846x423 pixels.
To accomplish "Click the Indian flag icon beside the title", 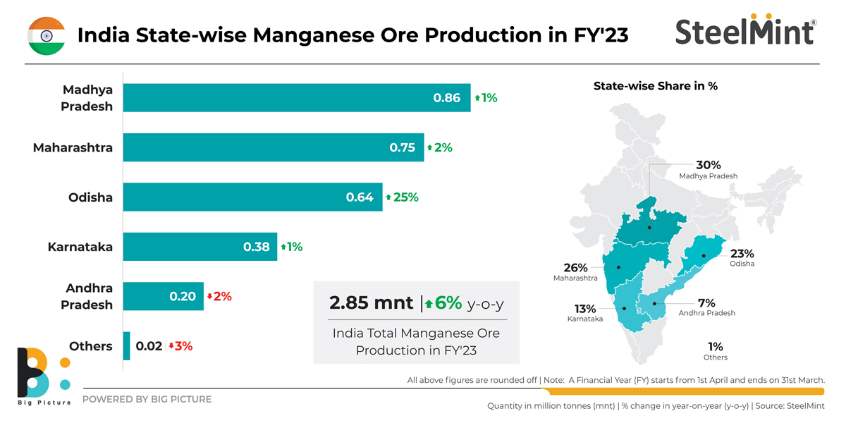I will pyautogui.click(x=47, y=35).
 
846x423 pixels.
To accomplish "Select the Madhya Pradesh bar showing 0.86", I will pyautogui.click(x=296, y=98).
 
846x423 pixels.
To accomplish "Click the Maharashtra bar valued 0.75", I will pyautogui.click(x=274, y=147).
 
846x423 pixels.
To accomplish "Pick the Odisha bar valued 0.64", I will pyautogui.click(x=252, y=197).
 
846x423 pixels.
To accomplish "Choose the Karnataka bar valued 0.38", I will pyautogui.click(x=200, y=247).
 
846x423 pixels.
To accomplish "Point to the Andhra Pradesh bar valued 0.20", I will pyautogui.click(x=163, y=296).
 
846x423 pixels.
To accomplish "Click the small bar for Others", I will pyautogui.click(x=127, y=346).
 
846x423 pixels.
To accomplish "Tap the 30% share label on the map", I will pyautogui.click(x=708, y=165).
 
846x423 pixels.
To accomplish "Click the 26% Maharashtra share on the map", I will pyautogui.click(x=575, y=268).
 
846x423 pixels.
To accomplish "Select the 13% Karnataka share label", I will pyautogui.click(x=584, y=309).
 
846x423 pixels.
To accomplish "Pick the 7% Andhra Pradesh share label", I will pyautogui.click(x=706, y=303).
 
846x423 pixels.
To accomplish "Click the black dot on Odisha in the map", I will pyautogui.click(x=704, y=256).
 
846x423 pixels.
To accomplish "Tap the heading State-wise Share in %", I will pyautogui.click(x=655, y=86).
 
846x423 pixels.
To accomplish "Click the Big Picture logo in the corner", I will pyautogui.click(x=43, y=374).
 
